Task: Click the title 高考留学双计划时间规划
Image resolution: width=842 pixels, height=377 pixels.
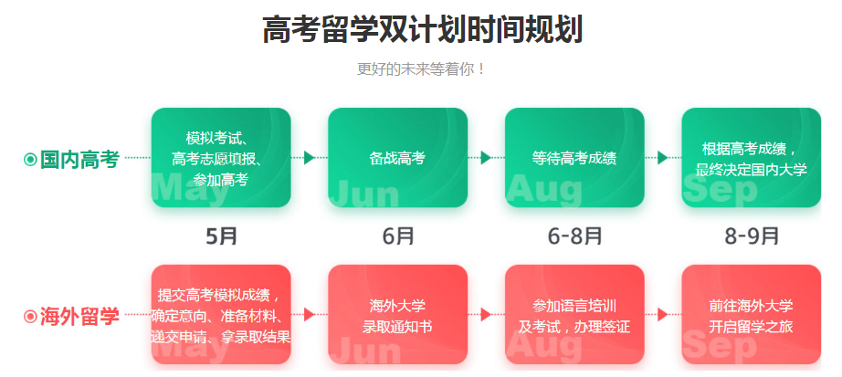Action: (x=421, y=29)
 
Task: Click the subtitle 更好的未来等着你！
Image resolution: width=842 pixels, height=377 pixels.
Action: (x=421, y=69)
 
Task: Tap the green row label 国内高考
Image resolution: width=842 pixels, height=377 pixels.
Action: (x=80, y=159)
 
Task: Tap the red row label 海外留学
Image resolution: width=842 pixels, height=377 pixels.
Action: (x=80, y=317)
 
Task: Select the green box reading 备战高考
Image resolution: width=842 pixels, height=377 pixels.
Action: (x=397, y=158)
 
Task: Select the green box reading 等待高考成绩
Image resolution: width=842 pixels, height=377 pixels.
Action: (x=574, y=158)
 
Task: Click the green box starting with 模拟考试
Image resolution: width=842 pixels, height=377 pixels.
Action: (x=221, y=158)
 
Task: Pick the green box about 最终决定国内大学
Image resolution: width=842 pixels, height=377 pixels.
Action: (x=751, y=158)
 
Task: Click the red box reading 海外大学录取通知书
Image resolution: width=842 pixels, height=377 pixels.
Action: (x=397, y=316)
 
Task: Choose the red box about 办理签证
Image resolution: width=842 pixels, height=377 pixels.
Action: (x=574, y=316)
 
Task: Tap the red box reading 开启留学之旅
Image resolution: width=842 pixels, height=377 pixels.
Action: (x=751, y=316)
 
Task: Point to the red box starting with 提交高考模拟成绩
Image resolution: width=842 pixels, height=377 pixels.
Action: (x=221, y=316)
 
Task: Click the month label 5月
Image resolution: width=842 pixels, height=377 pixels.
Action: (x=222, y=236)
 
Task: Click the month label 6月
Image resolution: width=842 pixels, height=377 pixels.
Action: (x=398, y=236)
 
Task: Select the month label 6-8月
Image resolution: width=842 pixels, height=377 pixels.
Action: (x=574, y=236)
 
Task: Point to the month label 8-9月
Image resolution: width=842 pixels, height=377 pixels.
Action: (x=752, y=236)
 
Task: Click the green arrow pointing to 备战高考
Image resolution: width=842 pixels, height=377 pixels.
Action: (x=310, y=158)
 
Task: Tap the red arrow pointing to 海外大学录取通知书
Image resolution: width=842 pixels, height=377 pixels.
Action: (x=310, y=315)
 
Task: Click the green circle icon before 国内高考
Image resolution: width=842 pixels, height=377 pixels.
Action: (x=30, y=160)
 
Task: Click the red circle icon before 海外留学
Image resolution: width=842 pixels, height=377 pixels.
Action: (x=30, y=317)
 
